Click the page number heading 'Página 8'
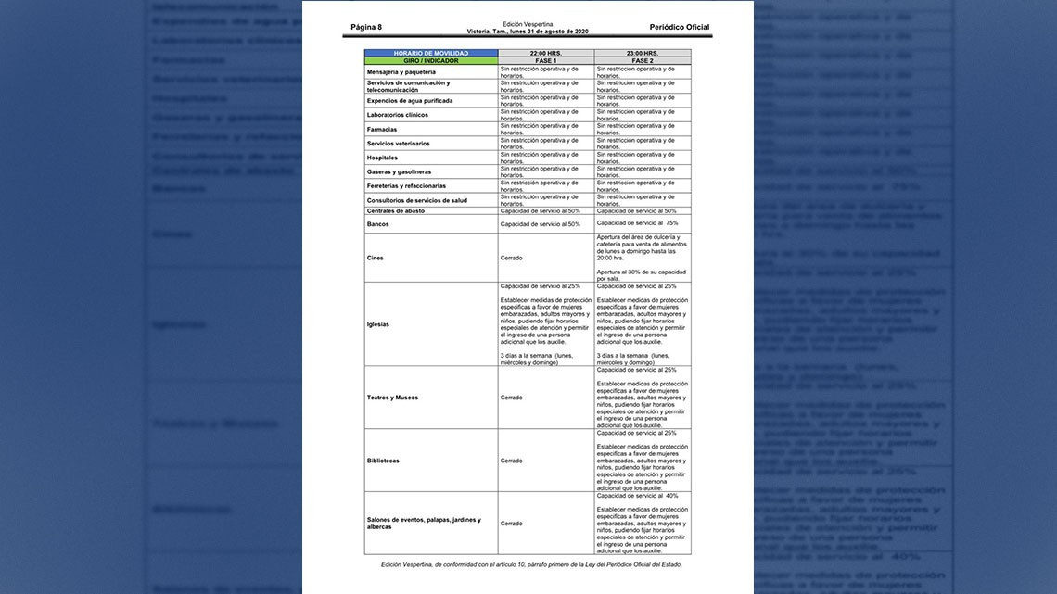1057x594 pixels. coord(366,28)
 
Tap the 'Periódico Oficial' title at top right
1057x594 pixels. coord(680,28)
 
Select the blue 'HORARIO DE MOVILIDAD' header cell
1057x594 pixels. coord(431,54)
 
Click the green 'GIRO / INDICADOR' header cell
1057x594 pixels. coord(431,61)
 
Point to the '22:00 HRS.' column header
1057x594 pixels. coord(545,54)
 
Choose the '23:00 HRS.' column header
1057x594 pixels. coord(642,54)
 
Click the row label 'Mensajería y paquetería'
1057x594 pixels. coord(401,71)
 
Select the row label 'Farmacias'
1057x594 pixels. coord(381,129)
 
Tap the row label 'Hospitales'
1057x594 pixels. coord(382,158)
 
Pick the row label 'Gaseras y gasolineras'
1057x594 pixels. coord(399,171)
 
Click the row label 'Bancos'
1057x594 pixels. coord(377,224)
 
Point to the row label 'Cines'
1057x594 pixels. coord(375,258)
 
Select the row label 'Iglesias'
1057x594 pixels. coord(378,324)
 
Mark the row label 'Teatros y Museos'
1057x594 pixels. coord(392,398)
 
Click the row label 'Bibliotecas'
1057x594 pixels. coord(383,461)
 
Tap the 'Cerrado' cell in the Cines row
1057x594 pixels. coord(511,258)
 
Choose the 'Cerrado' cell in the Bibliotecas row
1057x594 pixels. coord(511,461)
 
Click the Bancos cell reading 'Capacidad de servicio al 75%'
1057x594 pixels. coord(637,223)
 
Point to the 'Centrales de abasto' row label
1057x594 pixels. coord(396,211)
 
